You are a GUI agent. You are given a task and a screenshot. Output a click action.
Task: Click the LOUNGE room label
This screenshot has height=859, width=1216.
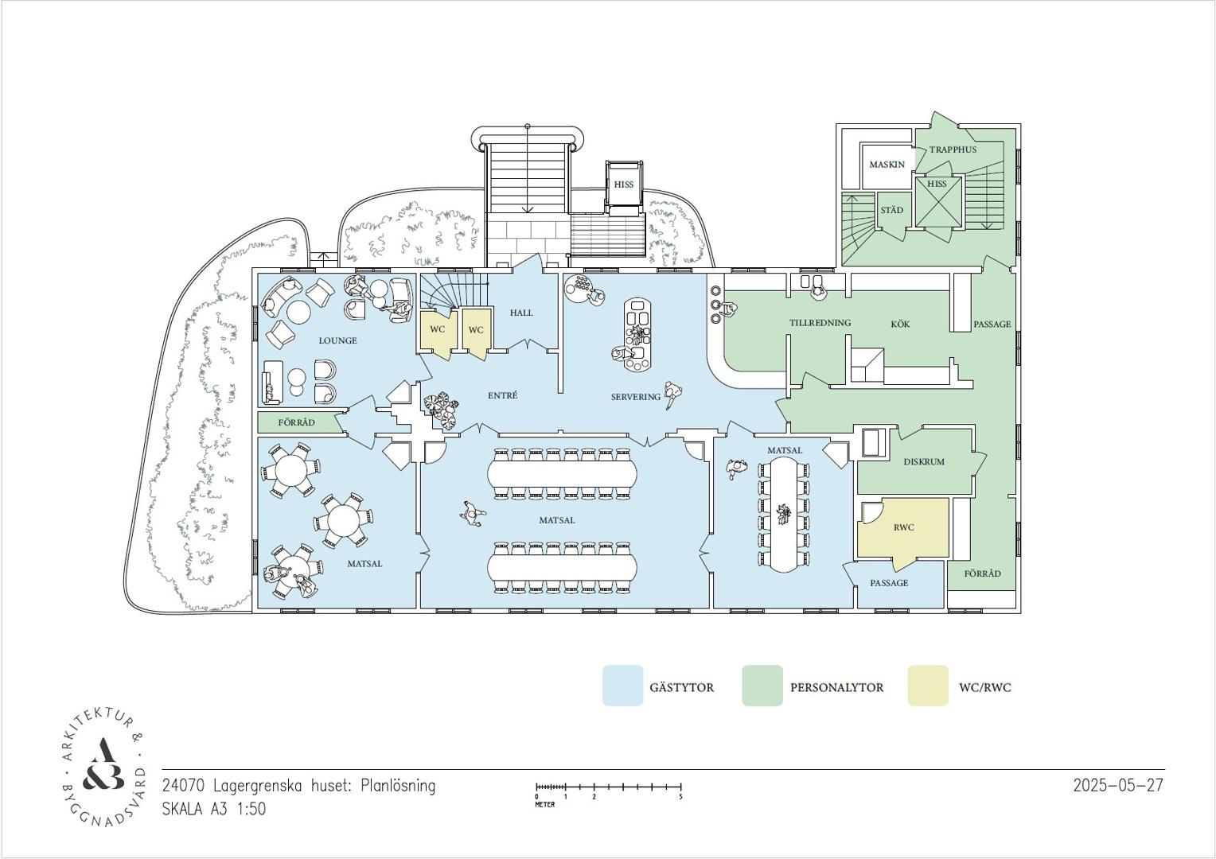pyautogui.click(x=337, y=340)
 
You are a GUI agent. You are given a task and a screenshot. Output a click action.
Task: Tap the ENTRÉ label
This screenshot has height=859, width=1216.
pyautogui.click(x=502, y=395)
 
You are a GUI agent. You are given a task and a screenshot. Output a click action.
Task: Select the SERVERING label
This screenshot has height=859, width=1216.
pyautogui.click(x=636, y=397)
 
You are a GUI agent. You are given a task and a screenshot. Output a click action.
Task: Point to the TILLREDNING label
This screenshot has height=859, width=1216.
pyautogui.click(x=820, y=323)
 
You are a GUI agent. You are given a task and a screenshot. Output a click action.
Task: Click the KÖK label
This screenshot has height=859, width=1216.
pyautogui.click(x=900, y=324)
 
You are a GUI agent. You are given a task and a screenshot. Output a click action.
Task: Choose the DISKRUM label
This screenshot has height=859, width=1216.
pyautogui.click(x=924, y=462)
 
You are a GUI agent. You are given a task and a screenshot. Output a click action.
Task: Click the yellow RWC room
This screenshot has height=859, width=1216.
pyautogui.click(x=903, y=527)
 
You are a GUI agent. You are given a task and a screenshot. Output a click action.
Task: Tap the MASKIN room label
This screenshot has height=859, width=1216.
pyautogui.click(x=887, y=165)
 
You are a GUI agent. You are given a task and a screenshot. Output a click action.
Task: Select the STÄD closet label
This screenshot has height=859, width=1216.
pyautogui.click(x=891, y=210)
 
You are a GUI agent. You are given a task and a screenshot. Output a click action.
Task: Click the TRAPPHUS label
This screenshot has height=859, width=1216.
pyautogui.click(x=953, y=150)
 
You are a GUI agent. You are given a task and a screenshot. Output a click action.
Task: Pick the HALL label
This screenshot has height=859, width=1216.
pyautogui.click(x=521, y=313)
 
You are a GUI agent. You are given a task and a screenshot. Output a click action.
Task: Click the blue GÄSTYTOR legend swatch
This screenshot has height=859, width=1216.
pyautogui.click(x=622, y=686)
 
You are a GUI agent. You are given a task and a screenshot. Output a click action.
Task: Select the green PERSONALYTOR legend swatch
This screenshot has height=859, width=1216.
pyautogui.click(x=762, y=686)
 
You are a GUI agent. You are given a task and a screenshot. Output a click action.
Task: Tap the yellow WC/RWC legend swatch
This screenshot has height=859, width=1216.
pyautogui.click(x=928, y=686)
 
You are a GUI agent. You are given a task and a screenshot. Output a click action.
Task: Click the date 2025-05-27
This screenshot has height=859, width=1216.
pyautogui.click(x=1118, y=785)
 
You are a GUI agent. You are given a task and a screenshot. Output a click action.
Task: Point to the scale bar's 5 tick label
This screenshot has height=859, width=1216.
pyautogui.click(x=680, y=797)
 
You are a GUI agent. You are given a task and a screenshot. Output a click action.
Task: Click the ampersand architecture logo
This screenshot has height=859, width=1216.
pyautogui.click(x=102, y=768)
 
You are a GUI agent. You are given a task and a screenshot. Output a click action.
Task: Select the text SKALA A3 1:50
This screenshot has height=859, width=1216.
pyautogui.click(x=214, y=809)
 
